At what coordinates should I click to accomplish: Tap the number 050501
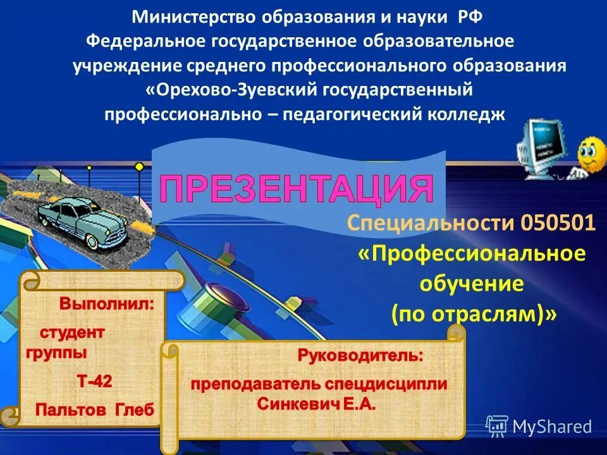[558, 223]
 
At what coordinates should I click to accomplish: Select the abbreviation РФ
[470, 17]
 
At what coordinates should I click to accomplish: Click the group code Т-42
[95, 381]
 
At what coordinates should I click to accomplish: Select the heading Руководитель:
[361, 356]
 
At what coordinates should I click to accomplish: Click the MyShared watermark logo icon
[497, 426]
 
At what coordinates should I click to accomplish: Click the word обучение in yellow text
[472, 284]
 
